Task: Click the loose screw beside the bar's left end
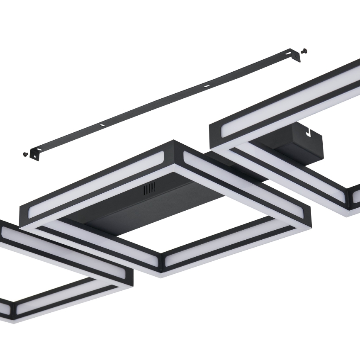tap(25, 154)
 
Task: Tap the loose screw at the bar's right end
tap(305, 51)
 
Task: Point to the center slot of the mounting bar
tap(206, 86)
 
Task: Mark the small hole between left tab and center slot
tap(102, 124)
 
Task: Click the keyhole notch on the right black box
tap(308, 134)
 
